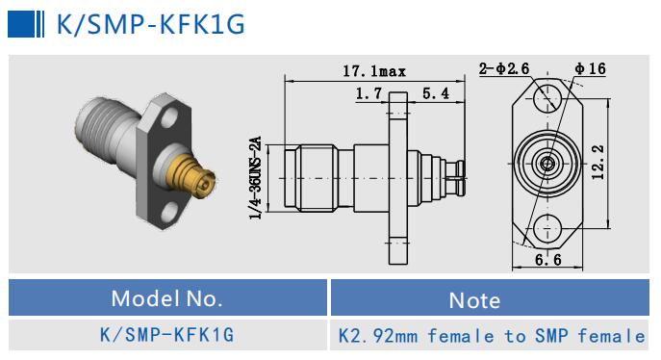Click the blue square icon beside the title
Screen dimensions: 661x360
tap(21, 24)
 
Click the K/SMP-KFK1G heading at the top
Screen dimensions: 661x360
tap(150, 24)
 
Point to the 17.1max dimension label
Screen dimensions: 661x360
tap(374, 71)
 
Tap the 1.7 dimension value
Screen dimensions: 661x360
tap(369, 93)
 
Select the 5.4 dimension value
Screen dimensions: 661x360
tap(436, 93)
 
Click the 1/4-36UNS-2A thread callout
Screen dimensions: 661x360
tap(256, 178)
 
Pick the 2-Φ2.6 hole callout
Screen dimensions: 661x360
tap(504, 68)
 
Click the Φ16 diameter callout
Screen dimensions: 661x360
tap(591, 68)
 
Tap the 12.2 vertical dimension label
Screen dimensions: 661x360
tap(597, 163)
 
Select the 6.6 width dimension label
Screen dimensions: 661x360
tap(548, 260)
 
